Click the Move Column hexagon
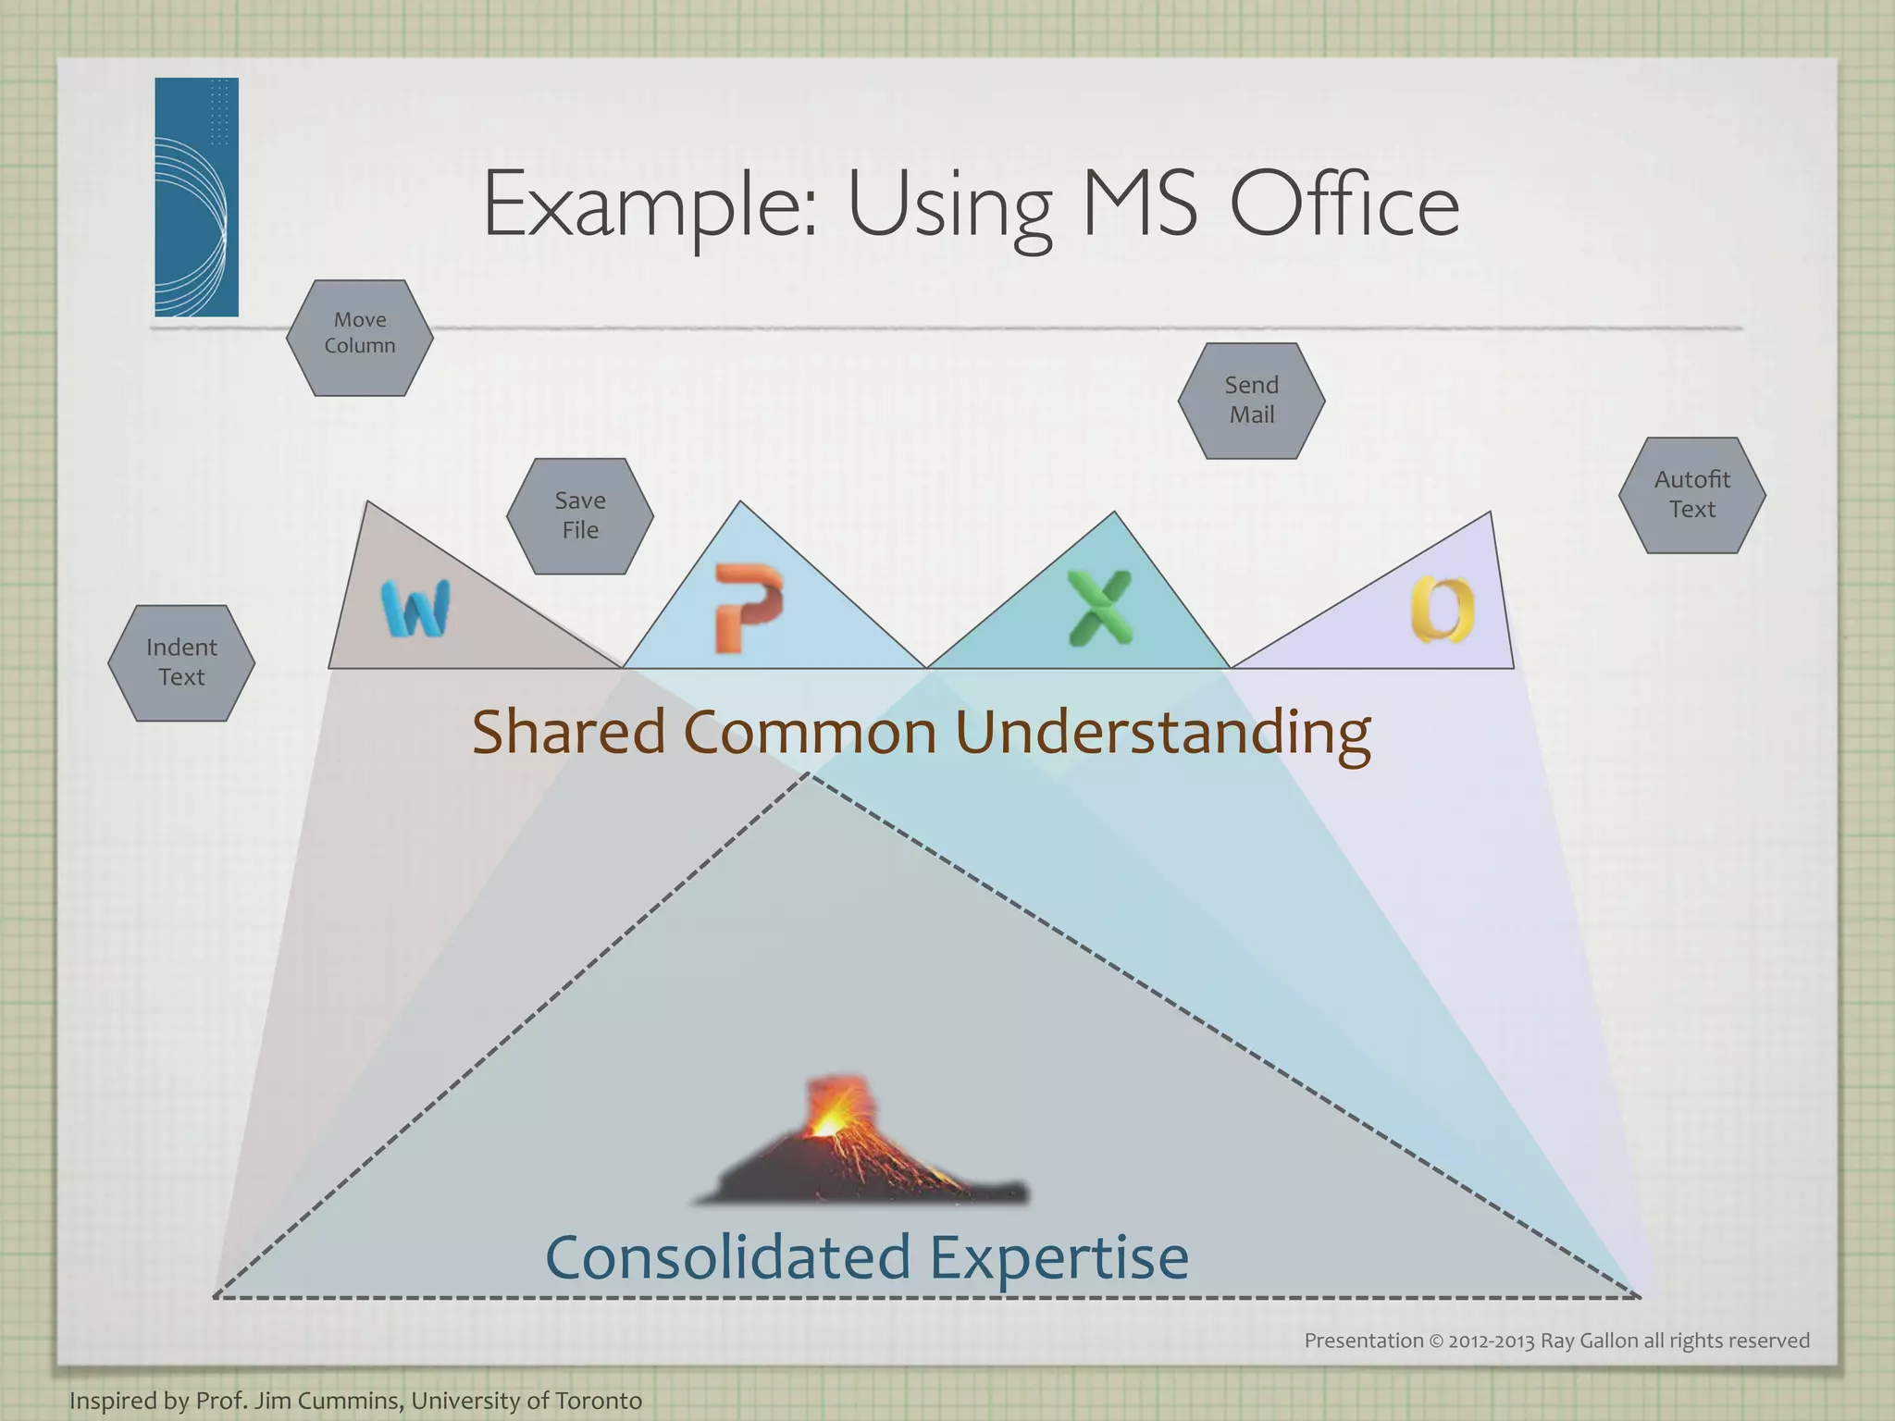click(360, 338)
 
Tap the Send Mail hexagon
click(1251, 401)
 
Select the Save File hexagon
click(580, 516)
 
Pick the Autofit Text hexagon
click(1691, 495)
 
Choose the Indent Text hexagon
click(181, 662)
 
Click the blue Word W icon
click(415, 609)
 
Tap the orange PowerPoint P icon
click(748, 607)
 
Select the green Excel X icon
click(1099, 608)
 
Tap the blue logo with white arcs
click(196, 197)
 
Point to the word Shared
click(569, 732)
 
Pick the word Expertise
click(1059, 1258)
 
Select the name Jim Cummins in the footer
click(328, 1401)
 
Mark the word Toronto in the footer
click(598, 1401)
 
